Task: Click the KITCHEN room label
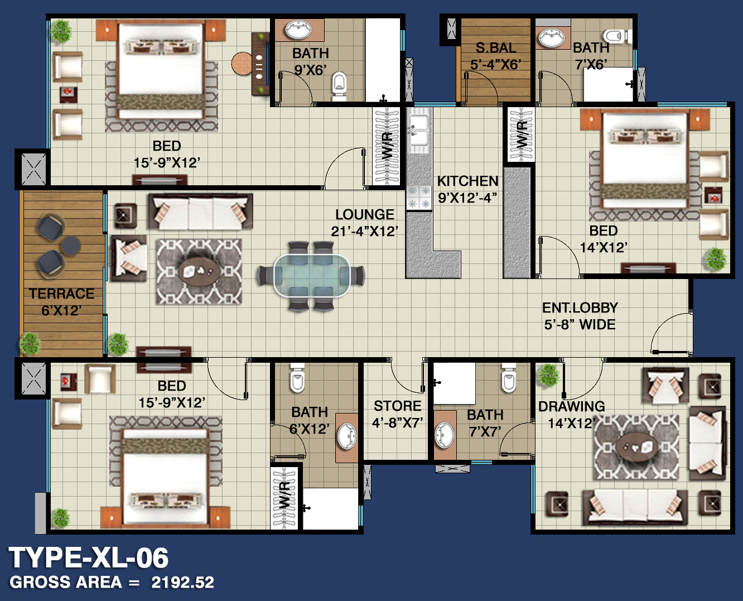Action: point(468,181)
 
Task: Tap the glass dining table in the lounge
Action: point(311,276)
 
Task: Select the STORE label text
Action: point(397,406)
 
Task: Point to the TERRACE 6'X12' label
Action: point(61,302)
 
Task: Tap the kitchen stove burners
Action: point(419,197)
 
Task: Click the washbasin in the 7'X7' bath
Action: point(445,435)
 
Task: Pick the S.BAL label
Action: point(496,48)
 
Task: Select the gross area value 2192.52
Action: point(182,583)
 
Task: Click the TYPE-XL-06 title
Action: point(89,557)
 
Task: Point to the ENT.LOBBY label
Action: point(580,308)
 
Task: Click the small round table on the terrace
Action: point(71,246)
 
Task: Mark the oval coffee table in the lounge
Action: point(199,272)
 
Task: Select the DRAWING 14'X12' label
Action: point(571,415)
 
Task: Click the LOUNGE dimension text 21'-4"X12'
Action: point(364,231)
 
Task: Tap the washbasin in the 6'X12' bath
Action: point(347,437)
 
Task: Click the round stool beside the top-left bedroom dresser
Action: point(242,64)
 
